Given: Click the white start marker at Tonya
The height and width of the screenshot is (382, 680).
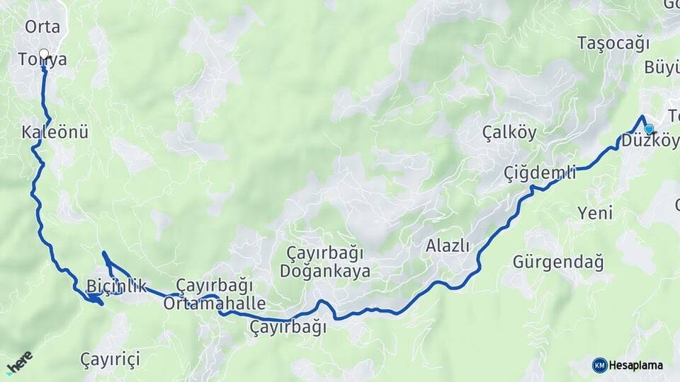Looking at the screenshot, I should click(x=44, y=54).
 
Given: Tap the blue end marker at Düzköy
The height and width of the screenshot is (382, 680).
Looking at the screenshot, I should click(x=648, y=128).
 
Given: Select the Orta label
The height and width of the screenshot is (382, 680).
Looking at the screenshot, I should click(x=42, y=28).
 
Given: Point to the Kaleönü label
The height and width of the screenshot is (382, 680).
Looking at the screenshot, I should click(x=55, y=132).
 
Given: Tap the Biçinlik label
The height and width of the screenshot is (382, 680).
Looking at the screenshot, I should click(x=115, y=286).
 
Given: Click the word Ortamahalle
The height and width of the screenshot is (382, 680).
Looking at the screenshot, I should click(x=214, y=304).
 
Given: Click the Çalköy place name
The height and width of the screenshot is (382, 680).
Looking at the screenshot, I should click(x=509, y=132).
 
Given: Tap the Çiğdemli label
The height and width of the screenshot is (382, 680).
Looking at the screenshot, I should click(x=540, y=173).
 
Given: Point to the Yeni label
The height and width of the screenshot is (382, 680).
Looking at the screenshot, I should click(x=595, y=213).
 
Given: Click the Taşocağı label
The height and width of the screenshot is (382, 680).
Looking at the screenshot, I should click(x=613, y=43).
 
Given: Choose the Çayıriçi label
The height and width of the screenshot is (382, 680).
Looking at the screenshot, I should click(x=110, y=359).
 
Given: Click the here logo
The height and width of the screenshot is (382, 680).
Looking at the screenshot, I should click(x=20, y=362).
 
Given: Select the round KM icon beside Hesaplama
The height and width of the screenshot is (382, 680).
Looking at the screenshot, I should click(x=599, y=365).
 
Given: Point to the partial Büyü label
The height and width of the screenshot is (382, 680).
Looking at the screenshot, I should click(x=662, y=68).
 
